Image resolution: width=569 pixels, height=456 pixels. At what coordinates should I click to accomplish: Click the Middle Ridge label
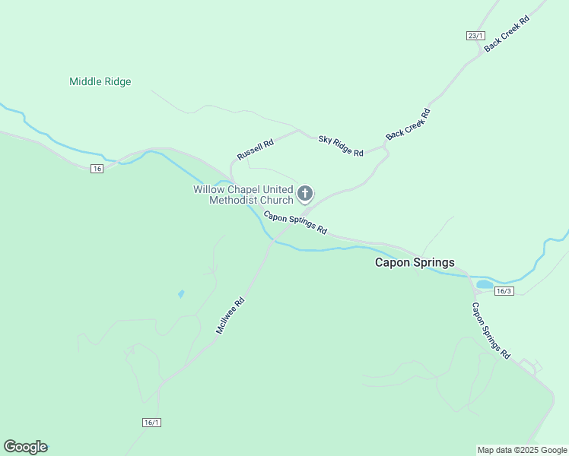pos(100,81)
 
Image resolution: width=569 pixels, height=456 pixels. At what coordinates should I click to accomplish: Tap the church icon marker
pos(305,194)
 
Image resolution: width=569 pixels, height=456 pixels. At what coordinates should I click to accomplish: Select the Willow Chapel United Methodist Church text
pos(243,195)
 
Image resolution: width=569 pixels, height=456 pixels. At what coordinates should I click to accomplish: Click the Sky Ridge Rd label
pos(341,146)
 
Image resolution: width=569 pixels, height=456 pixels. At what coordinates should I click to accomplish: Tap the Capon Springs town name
pos(415,262)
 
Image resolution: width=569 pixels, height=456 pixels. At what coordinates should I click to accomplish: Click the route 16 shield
pos(96,168)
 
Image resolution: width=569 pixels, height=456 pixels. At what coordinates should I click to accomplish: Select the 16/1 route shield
pos(152,422)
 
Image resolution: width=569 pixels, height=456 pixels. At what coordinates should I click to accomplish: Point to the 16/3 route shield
pos(504,291)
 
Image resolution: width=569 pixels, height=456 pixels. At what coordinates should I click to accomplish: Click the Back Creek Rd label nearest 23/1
pos(507,32)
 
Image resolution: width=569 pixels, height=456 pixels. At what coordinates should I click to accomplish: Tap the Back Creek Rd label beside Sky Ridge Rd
pos(408,124)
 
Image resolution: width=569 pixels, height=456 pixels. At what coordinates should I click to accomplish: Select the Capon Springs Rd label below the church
pos(295,222)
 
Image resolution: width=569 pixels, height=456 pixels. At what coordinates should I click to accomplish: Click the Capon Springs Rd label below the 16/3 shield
pos(491,331)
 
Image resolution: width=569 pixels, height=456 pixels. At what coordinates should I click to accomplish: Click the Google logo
pos(25,447)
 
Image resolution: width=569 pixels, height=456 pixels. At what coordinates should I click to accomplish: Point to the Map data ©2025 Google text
pos(522,450)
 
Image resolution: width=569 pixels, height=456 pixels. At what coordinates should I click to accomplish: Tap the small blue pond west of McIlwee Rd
pos(180,293)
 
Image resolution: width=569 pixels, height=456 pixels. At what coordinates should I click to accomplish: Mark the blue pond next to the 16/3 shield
pos(485,285)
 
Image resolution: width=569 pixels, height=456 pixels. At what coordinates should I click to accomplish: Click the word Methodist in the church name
pos(234,200)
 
